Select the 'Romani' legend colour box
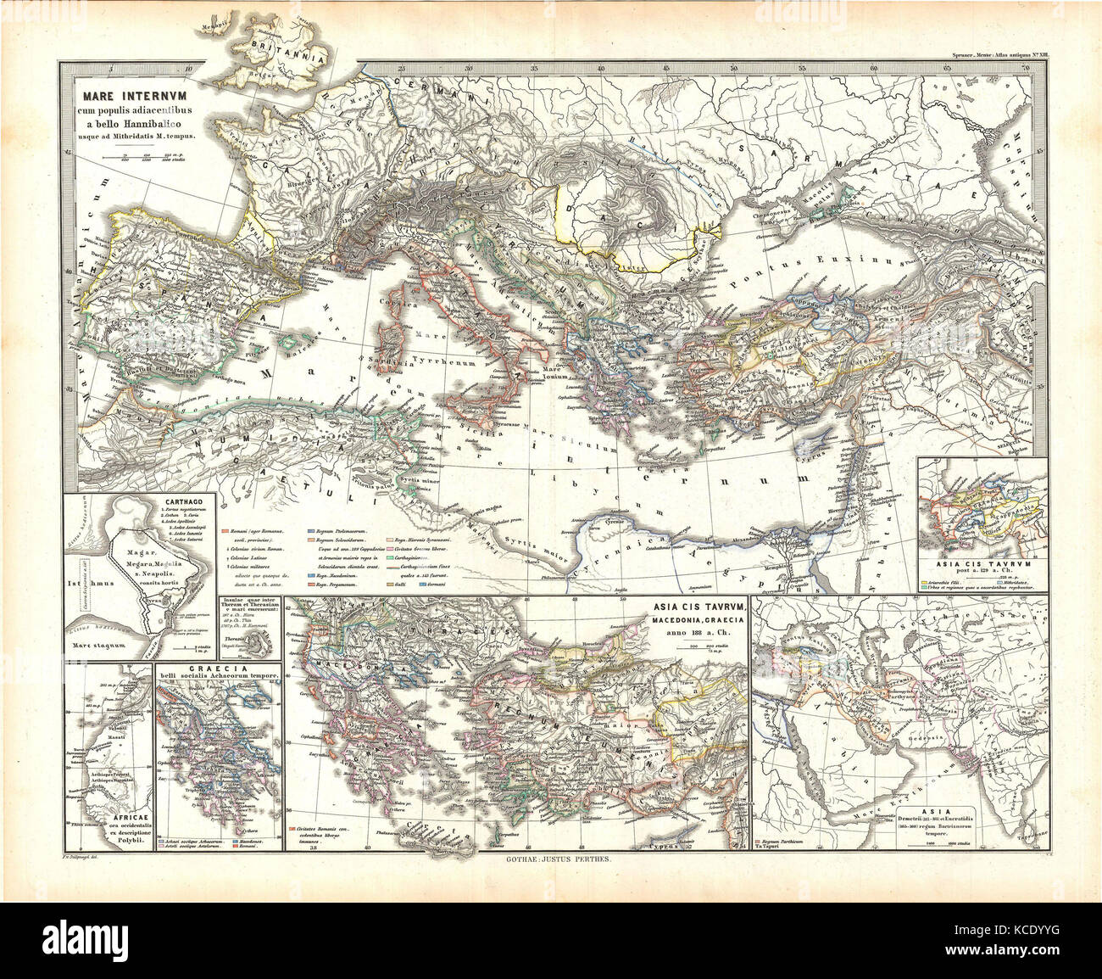click(x=224, y=530)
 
